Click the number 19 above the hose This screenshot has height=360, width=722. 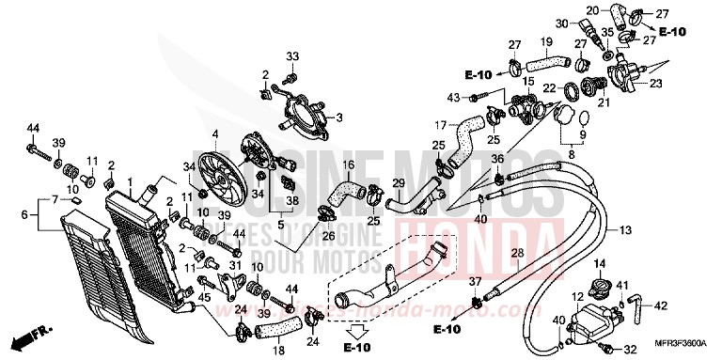(544, 41)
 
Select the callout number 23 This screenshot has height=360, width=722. (707, 83)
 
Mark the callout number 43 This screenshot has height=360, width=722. (453, 98)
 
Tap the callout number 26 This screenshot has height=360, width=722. (330, 225)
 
